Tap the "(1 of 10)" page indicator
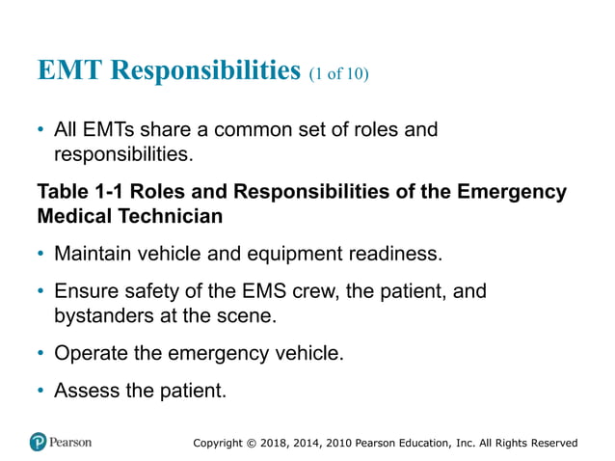click(338, 74)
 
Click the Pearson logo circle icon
click(38, 443)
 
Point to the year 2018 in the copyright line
click(277, 443)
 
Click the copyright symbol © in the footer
click(252, 443)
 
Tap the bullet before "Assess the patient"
click(40, 391)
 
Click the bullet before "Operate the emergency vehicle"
click(40, 353)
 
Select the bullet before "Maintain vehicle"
click(40, 255)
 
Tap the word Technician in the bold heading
click(172, 216)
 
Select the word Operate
click(92, 353)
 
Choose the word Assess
click(85, 391)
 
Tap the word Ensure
click(84, 291)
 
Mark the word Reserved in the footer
click(548, 443)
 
